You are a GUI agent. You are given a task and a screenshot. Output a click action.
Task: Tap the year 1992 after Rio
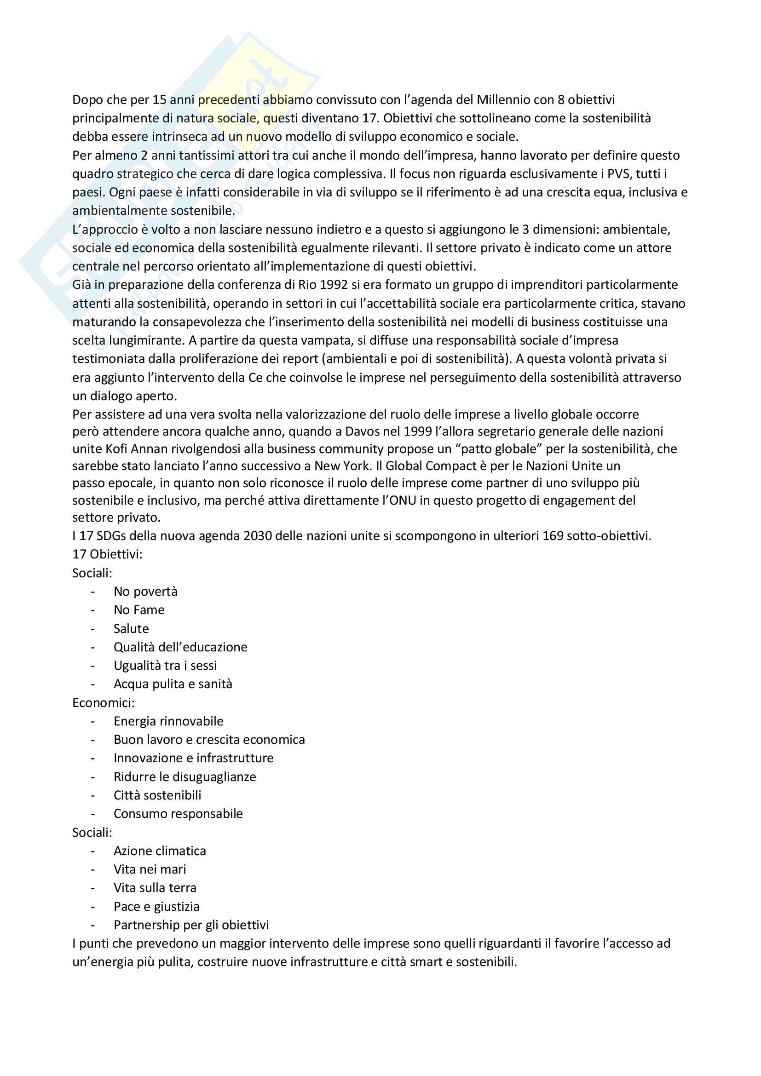coord(333,285)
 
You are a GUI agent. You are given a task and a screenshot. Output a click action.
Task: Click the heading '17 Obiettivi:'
coord(107,554)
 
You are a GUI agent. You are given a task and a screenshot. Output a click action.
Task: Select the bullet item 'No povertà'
coord(145,592)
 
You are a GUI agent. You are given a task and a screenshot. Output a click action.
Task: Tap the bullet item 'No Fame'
coord(139,610)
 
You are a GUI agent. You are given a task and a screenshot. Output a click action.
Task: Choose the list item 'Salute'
coord(131,628)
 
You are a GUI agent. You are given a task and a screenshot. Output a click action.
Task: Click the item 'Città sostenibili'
coord(157,795)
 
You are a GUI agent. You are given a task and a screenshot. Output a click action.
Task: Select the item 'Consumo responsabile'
coord(178,814)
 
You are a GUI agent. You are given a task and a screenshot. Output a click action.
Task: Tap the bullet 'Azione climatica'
coord(160,851)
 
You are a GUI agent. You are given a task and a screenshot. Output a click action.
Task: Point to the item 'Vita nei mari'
coord(150,869)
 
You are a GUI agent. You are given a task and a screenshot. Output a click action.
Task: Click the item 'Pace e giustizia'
coord(156,906)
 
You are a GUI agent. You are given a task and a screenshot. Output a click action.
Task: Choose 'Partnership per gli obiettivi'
coord(191,925)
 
